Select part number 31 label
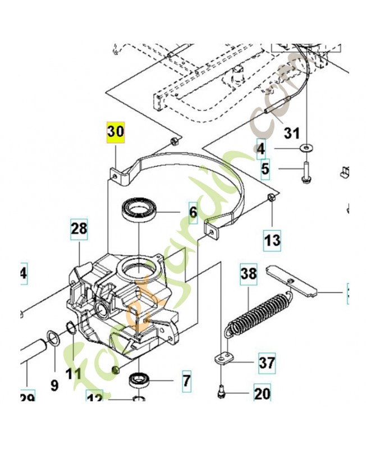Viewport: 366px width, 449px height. pos(292,134)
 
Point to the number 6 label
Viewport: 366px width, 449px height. pos(193,212)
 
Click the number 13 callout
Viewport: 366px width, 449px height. pos(272,241)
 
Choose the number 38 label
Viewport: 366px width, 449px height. pos(248,274)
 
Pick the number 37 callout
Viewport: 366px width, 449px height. pos(267,364)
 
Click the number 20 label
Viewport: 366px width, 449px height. pos(262,393)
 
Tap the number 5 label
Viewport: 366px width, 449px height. pos(264,167)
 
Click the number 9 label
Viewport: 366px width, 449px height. pos(54,385)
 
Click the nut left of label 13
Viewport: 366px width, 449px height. pos(270,197)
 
